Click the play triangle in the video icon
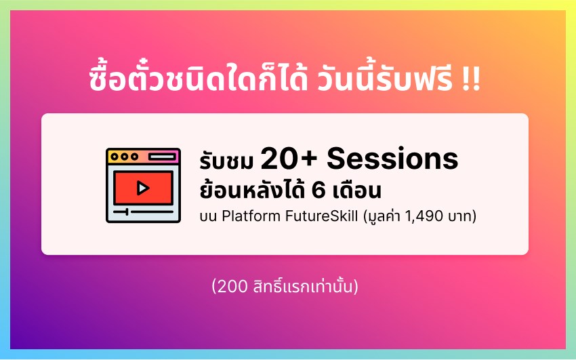pyautogui.click(x=143, y=188)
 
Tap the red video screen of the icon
pyautogui.click(x=143, y=188)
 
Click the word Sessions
pyautogui.click(x=392, y=159)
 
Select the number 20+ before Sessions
pyautogui.click(x=289, y=159)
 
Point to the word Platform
pyautogui.click(x=251, y=216)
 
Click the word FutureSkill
pyautogui.click(x=321, y=216)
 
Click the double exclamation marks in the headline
pyautogui.click(x=472, y=80)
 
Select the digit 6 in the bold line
pyautogui.click(x=318, y=191)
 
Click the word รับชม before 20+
pyautogui.click(x=226, y=161)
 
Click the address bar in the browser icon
pyautogui.click(x=162, y=157)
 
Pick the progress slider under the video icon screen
pyautogui.click(x=143, y=212)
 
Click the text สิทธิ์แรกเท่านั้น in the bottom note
pyautogui.click(x=302, y=286)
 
